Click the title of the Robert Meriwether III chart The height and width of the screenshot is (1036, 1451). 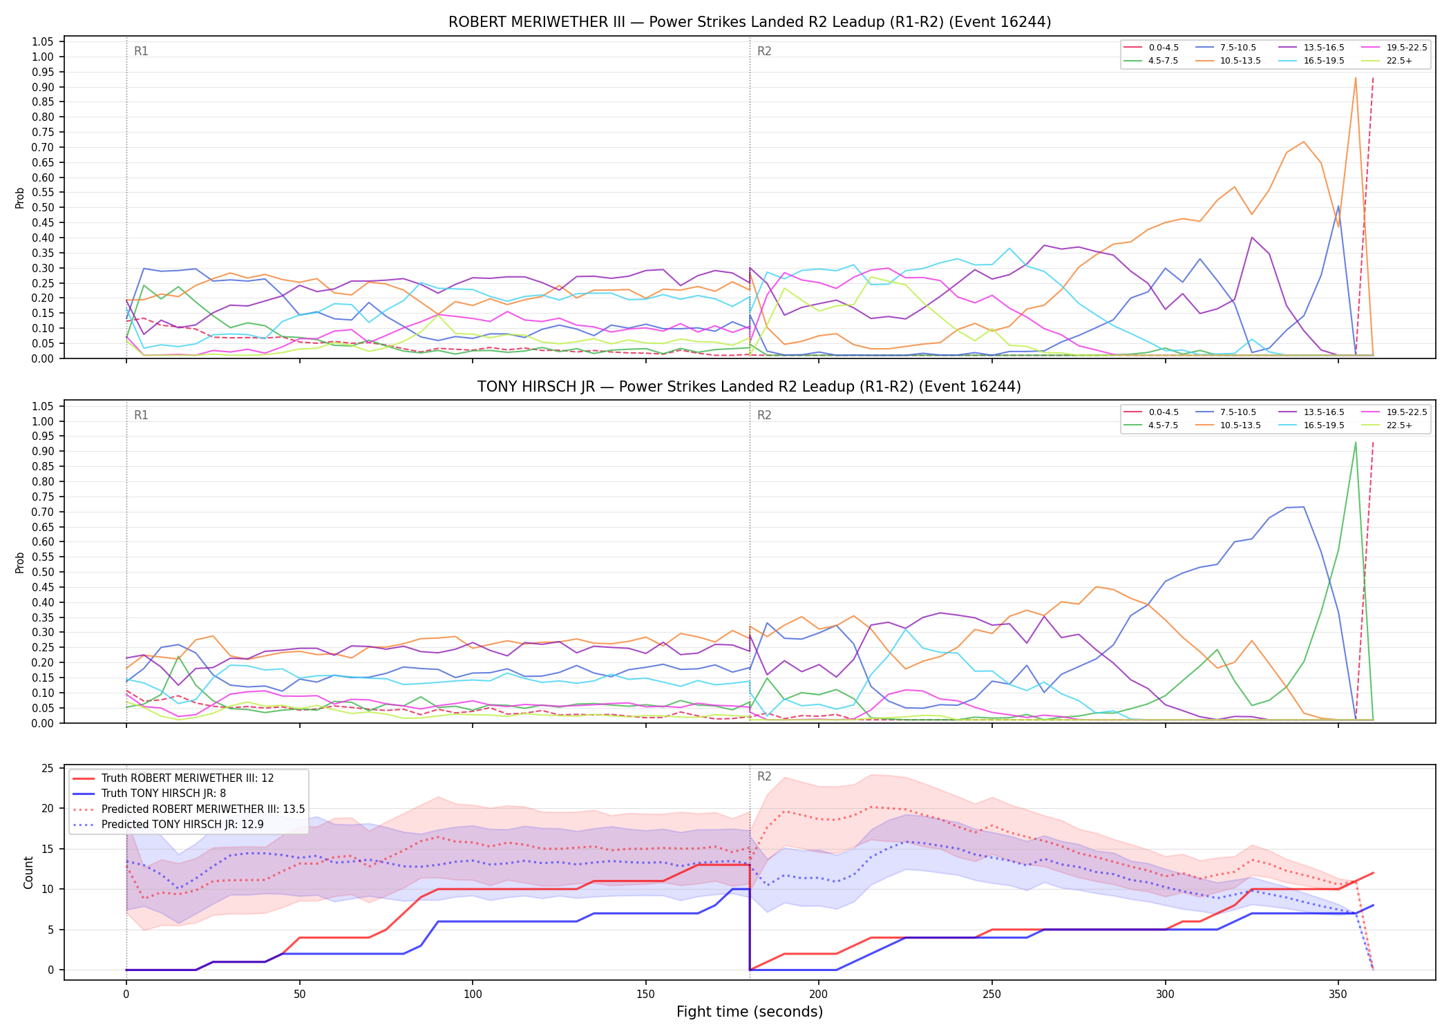750,22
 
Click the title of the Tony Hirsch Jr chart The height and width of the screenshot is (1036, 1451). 750,387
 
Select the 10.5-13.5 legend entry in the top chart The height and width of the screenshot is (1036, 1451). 1231,61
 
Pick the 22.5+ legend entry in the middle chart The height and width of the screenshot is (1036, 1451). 1388,425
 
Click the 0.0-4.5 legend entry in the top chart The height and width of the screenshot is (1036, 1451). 1152,48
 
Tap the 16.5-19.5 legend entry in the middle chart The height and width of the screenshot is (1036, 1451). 1314,425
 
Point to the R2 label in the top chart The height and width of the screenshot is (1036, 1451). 764,51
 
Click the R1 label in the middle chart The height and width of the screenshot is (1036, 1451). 141,415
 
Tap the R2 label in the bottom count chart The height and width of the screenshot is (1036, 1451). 764,776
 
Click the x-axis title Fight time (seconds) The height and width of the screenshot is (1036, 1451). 750,1012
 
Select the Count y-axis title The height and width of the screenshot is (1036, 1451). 28,872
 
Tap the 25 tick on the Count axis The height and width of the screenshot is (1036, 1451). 48,768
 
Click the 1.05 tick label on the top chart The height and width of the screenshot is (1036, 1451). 43,42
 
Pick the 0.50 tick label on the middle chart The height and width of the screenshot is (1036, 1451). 43,572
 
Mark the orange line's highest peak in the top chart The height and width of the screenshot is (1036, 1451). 1356,77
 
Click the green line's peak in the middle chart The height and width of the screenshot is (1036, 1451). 1356,442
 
